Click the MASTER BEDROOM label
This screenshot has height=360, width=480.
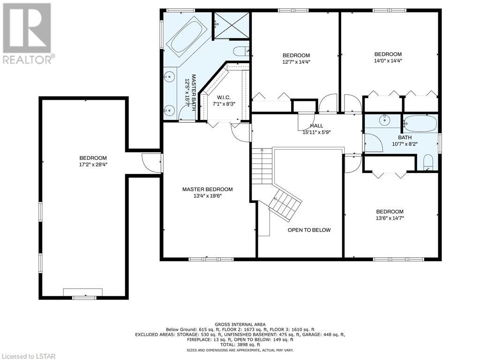click(x=207, y=189)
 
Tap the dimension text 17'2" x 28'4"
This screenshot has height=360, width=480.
click(x=93, y=165)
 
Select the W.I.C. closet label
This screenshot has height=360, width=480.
click(x=224, y=97)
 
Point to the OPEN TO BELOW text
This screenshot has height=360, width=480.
click(x=309, y=230)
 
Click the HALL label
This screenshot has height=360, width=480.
click(x=316, y=126)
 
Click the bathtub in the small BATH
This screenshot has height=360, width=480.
click(x=420, y=124)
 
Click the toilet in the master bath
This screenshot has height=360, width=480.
click(x=241, y=51)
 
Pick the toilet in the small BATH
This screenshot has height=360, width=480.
click(x=428, y=162)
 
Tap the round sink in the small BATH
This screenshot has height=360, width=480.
click(x=383, y=120)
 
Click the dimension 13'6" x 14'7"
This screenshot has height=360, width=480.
click(x=390, y=218)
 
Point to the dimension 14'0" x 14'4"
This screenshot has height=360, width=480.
click(x=388, y=60)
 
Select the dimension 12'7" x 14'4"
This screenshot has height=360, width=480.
click(x=296, y=62)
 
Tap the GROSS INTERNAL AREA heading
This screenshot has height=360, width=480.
click(x=240, y=324)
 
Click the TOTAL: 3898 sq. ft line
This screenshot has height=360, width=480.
click(x=240, y=345)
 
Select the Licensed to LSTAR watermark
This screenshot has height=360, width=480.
click(x=28, y=356)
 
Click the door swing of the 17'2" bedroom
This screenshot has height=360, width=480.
click(x=151, y=163)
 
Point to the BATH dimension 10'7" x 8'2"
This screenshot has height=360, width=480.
click(x=405, y=143)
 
